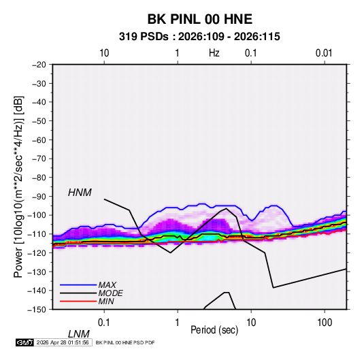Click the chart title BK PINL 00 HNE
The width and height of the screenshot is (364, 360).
199,19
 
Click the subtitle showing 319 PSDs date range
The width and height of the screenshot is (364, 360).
199,37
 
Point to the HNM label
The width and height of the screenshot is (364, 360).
80,193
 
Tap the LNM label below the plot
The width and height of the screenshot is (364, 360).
79,334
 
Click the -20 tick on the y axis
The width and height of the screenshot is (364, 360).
39,65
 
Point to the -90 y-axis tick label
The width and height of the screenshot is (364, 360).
39,196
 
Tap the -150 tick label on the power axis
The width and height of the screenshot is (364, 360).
37,310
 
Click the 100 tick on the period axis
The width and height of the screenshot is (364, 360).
325,323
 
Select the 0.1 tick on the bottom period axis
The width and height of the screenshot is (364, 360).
104,323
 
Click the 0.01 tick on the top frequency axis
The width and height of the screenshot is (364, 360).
324,53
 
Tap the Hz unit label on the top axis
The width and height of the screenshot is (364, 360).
214,53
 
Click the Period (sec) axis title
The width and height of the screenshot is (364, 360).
214,330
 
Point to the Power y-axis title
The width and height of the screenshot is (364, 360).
18,187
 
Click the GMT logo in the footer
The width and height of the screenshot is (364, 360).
24,342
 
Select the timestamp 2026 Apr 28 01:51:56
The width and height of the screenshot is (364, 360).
63,342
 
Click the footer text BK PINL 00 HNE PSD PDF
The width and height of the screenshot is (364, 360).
125,342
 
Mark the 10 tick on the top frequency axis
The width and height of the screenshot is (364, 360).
104,53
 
